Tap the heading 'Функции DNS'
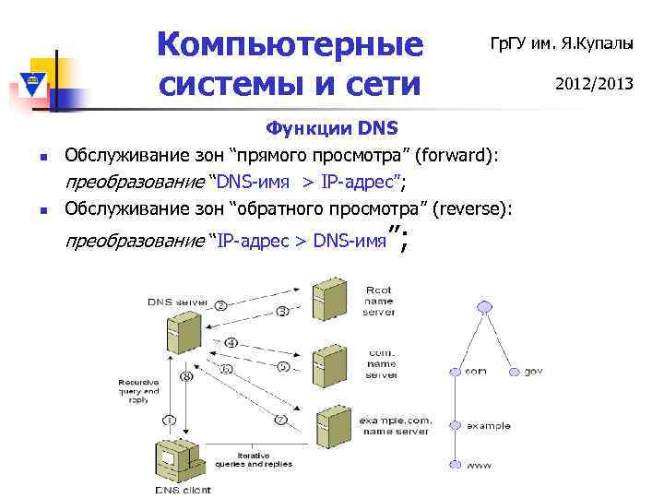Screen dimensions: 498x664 pyautogui.click(x=331, y=127)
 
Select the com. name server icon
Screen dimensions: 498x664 pyautogui.click(x=328, y=362)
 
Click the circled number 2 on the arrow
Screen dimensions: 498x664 pyautogui.click(x=221, y=304)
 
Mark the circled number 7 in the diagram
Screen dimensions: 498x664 pyautogui.click(x=280, y=420)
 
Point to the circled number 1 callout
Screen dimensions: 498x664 pyautogui.click(x=169, y=420)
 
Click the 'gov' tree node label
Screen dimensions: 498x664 pyautogui.click(x=534, y=371)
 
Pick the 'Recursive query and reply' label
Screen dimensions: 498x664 pyautogui.click(x=137, y=390)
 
